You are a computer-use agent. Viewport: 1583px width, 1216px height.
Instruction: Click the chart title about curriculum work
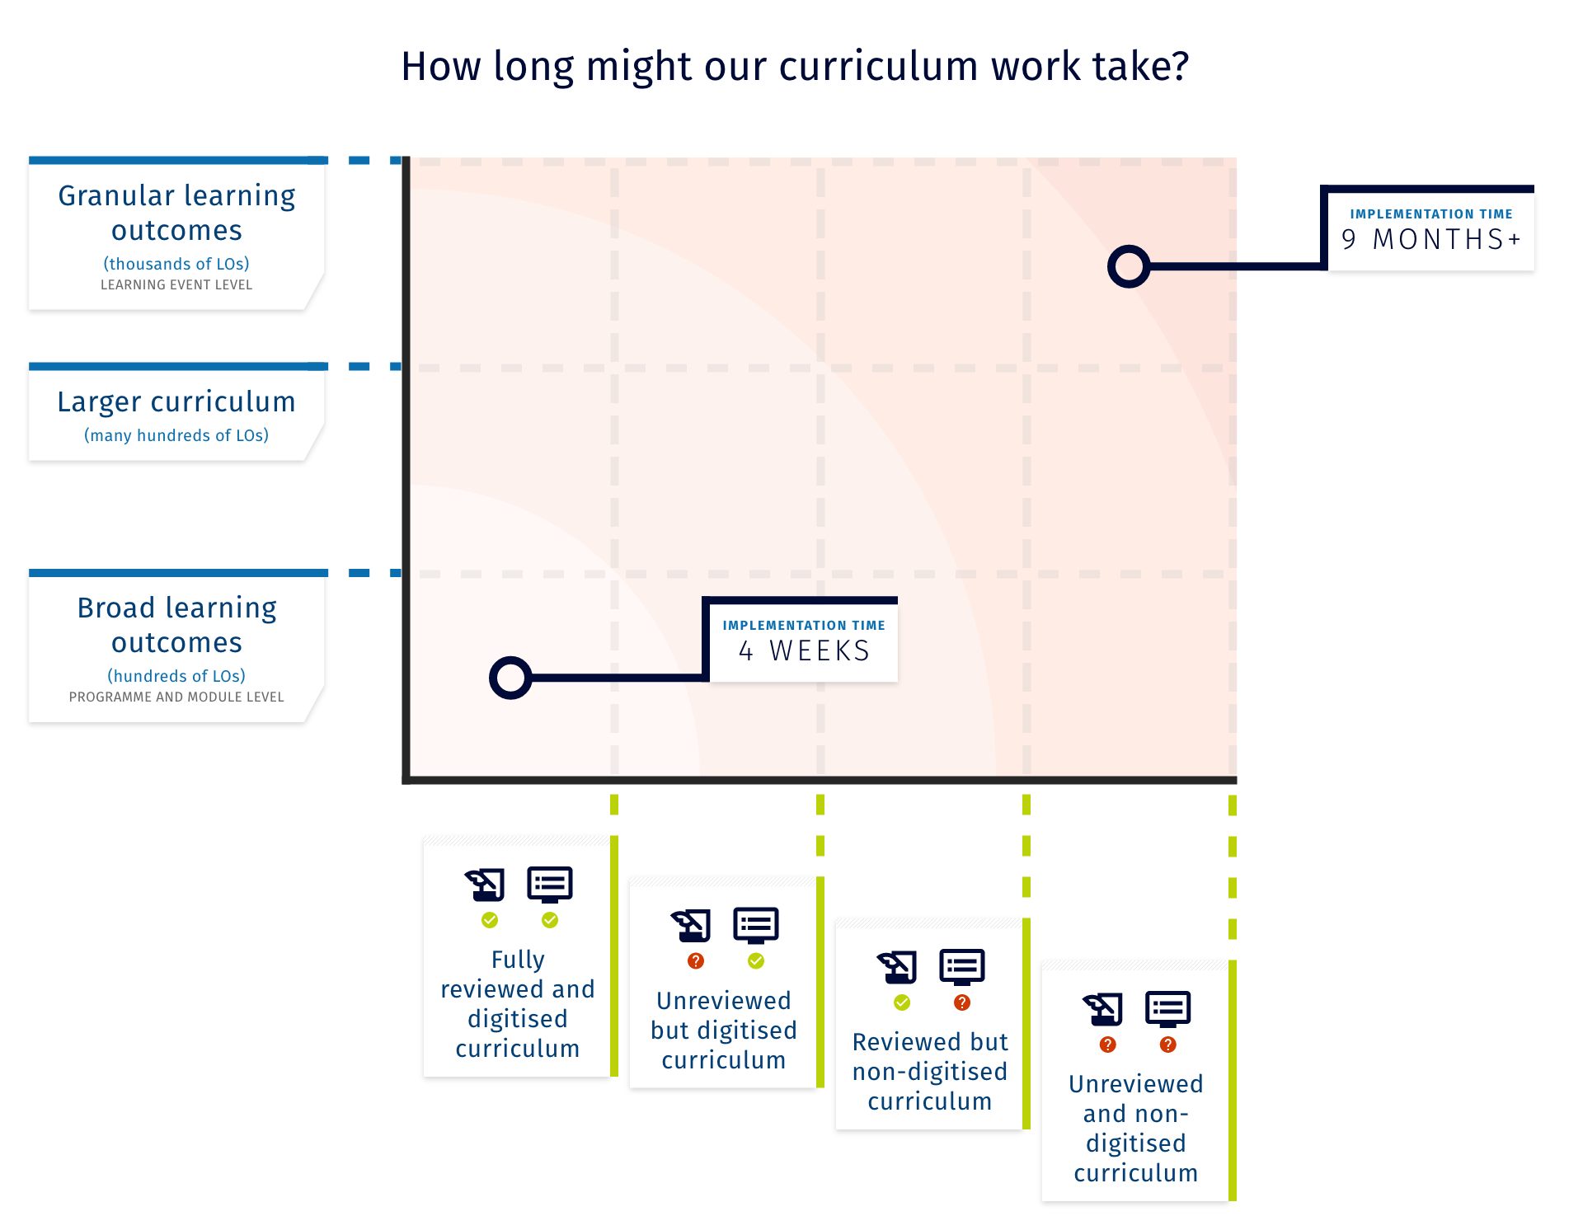pyautogui.click(x=795, y=67)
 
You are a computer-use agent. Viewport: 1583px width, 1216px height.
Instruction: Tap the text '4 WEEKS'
pyautogui.click(x=804, y=651)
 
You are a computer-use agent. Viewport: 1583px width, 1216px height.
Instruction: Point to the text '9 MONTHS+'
pyautogui.click(x=1430, y=239)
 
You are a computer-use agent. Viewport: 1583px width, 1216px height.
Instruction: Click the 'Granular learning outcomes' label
pyautogui.click(x=176, y=213)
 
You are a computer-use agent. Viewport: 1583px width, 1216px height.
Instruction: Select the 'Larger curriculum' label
pyautogui.click(x=176, y=401)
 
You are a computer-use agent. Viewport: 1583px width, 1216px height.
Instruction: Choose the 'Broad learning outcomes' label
pyautogui.click(x=176, y=625)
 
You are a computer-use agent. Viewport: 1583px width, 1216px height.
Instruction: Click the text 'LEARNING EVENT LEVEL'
pyautogui.click(x=176, y=285)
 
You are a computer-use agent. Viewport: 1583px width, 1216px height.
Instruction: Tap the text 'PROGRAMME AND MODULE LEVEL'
pyautogui.click(x=176, y=697)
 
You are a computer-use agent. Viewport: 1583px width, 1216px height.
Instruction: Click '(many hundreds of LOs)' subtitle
pyautogui.click(x=176, y=435)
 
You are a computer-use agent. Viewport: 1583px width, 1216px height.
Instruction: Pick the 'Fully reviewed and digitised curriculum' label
pyautogui.click(x=518, y=1004)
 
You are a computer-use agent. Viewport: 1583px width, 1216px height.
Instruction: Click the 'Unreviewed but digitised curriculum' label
pyautogui.click(x=724, y=1031)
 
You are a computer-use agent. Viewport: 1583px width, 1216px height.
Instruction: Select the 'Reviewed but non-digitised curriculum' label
pyautogui.click(x=930, y=1072)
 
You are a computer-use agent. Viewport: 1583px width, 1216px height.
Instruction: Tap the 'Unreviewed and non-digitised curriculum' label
pyautogui.click(x=1136, y=1129)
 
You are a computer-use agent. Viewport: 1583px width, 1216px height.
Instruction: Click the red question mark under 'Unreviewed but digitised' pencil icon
pyautogui.click(x=696, y=961)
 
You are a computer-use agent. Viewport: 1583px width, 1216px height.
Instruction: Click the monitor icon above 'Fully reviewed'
pyautogui.click(x=550, y=885)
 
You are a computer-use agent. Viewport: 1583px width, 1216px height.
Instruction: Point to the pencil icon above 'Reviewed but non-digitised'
pyautogui.click(x=897, y=967)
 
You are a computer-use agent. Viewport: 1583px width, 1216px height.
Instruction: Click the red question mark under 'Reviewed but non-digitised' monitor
pyautogui.click(x=962, y=1002)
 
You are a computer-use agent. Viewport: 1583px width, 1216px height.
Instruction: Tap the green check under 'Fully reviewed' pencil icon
pyautogui.click(x=490, y=920)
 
